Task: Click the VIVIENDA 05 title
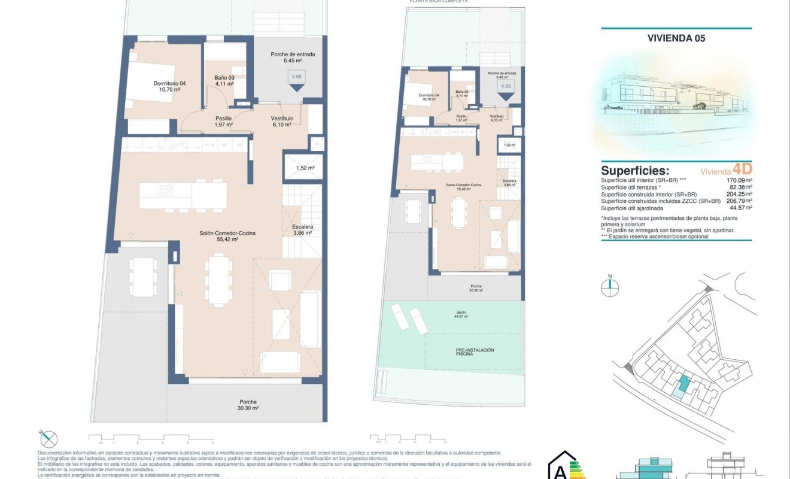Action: [x=676, y=38]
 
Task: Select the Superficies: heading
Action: [x=635, y=171]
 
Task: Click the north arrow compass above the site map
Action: [x=610, y=287]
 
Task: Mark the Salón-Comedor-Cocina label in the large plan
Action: [x=218, y=236]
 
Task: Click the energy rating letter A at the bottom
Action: [x=560, y=471]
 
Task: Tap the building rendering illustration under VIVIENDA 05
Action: [x=676, y=99]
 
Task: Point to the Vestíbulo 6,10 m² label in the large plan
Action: [x=281, y=122]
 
